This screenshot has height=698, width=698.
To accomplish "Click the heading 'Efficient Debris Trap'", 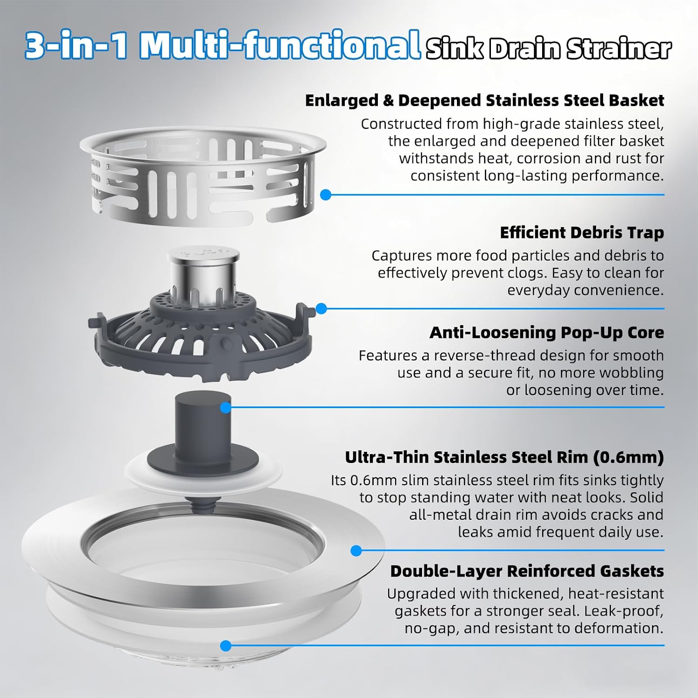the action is point(582,233).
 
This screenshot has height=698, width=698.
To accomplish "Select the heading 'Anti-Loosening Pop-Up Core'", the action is point(547,333).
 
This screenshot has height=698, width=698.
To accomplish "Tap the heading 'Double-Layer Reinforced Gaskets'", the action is point(527,571).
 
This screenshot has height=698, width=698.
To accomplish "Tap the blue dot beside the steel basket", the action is point(326,195).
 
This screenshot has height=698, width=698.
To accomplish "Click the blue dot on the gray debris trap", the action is point(321,309).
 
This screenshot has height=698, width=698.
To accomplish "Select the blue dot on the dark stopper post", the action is point(226,408).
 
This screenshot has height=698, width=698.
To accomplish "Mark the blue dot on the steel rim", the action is point(356,551).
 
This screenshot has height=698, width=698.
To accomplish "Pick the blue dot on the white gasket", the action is point(226,646).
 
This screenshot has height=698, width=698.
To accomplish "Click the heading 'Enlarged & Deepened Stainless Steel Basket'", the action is point(484,101).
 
